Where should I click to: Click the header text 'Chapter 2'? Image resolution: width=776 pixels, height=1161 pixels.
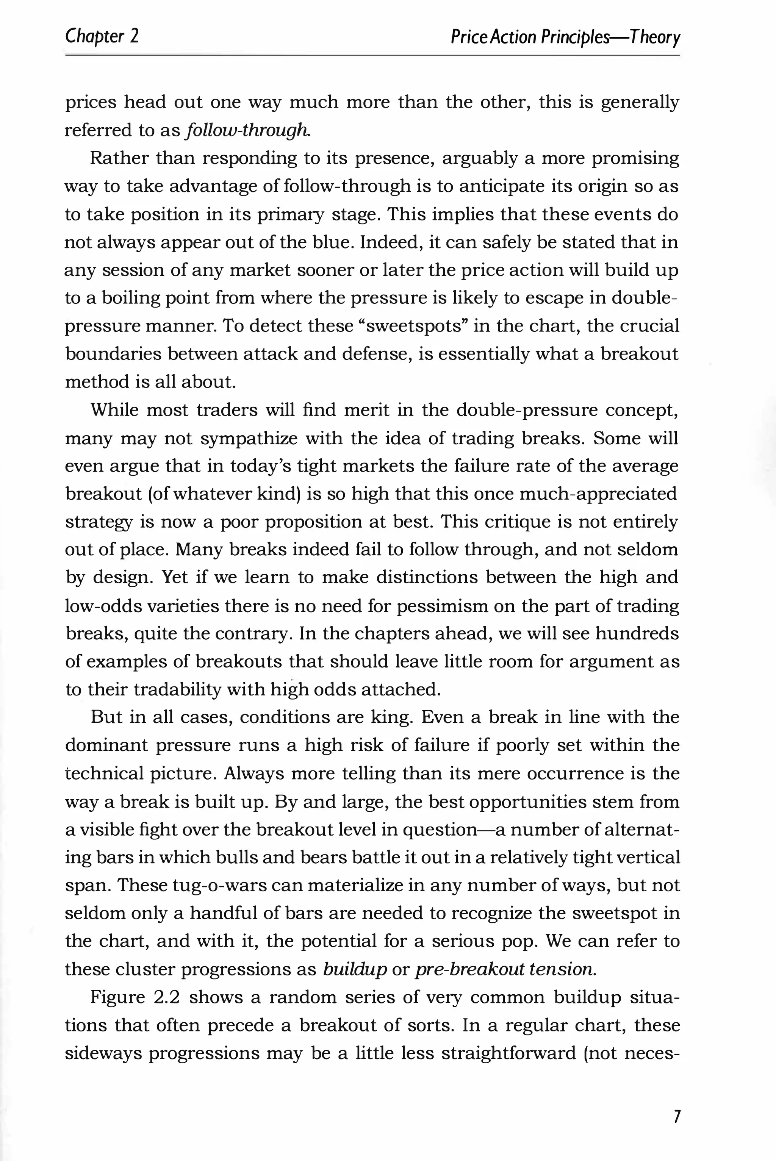[x=102, y=36]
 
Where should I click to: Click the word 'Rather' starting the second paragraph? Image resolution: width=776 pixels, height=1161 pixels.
[x=118, y=158]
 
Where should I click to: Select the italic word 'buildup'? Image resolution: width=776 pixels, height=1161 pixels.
[x=354, y=969]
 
